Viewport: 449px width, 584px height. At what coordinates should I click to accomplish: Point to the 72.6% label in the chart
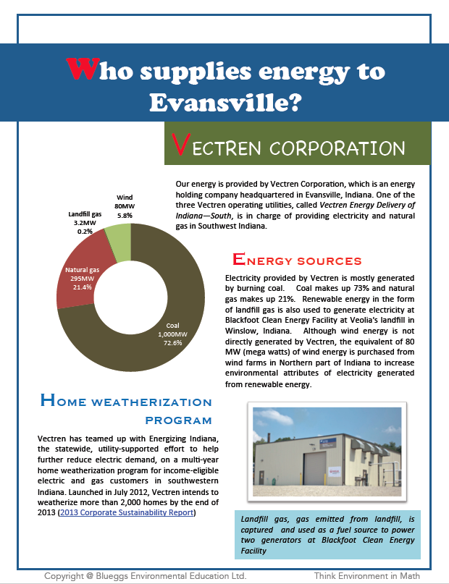pos(171,343)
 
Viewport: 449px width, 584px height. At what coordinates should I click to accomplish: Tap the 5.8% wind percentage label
pos(125,215)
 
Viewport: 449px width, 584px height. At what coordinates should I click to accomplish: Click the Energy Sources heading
pos(296,260)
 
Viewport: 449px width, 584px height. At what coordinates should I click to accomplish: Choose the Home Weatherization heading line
pos(126,402)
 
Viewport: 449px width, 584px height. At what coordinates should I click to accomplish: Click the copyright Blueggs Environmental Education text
pos(145,575)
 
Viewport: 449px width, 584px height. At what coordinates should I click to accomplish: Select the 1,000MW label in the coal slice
pos(171,334)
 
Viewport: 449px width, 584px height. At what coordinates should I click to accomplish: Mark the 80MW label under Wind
pos(125,206)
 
